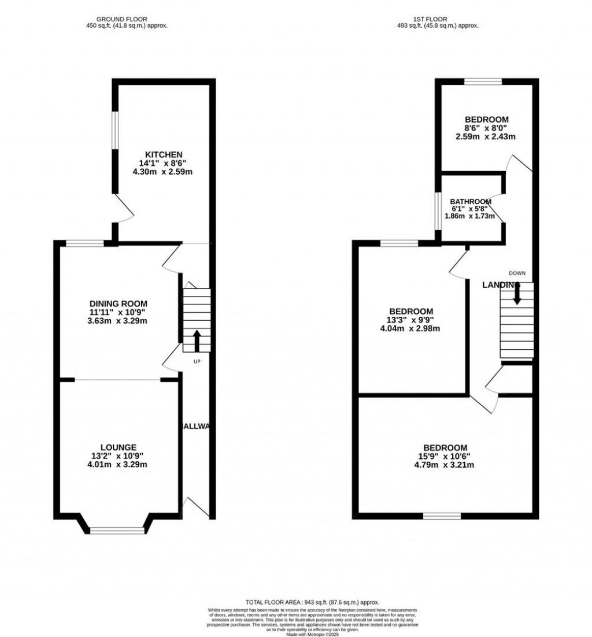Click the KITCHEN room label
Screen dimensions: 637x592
164,154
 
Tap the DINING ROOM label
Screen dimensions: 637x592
119,303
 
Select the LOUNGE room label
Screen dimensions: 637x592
119,447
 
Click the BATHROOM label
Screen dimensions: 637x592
471,202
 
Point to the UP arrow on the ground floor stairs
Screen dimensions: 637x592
197,341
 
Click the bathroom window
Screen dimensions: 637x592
438,210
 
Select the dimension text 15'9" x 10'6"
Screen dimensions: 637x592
445,456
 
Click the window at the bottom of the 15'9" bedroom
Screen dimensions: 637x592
442,515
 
